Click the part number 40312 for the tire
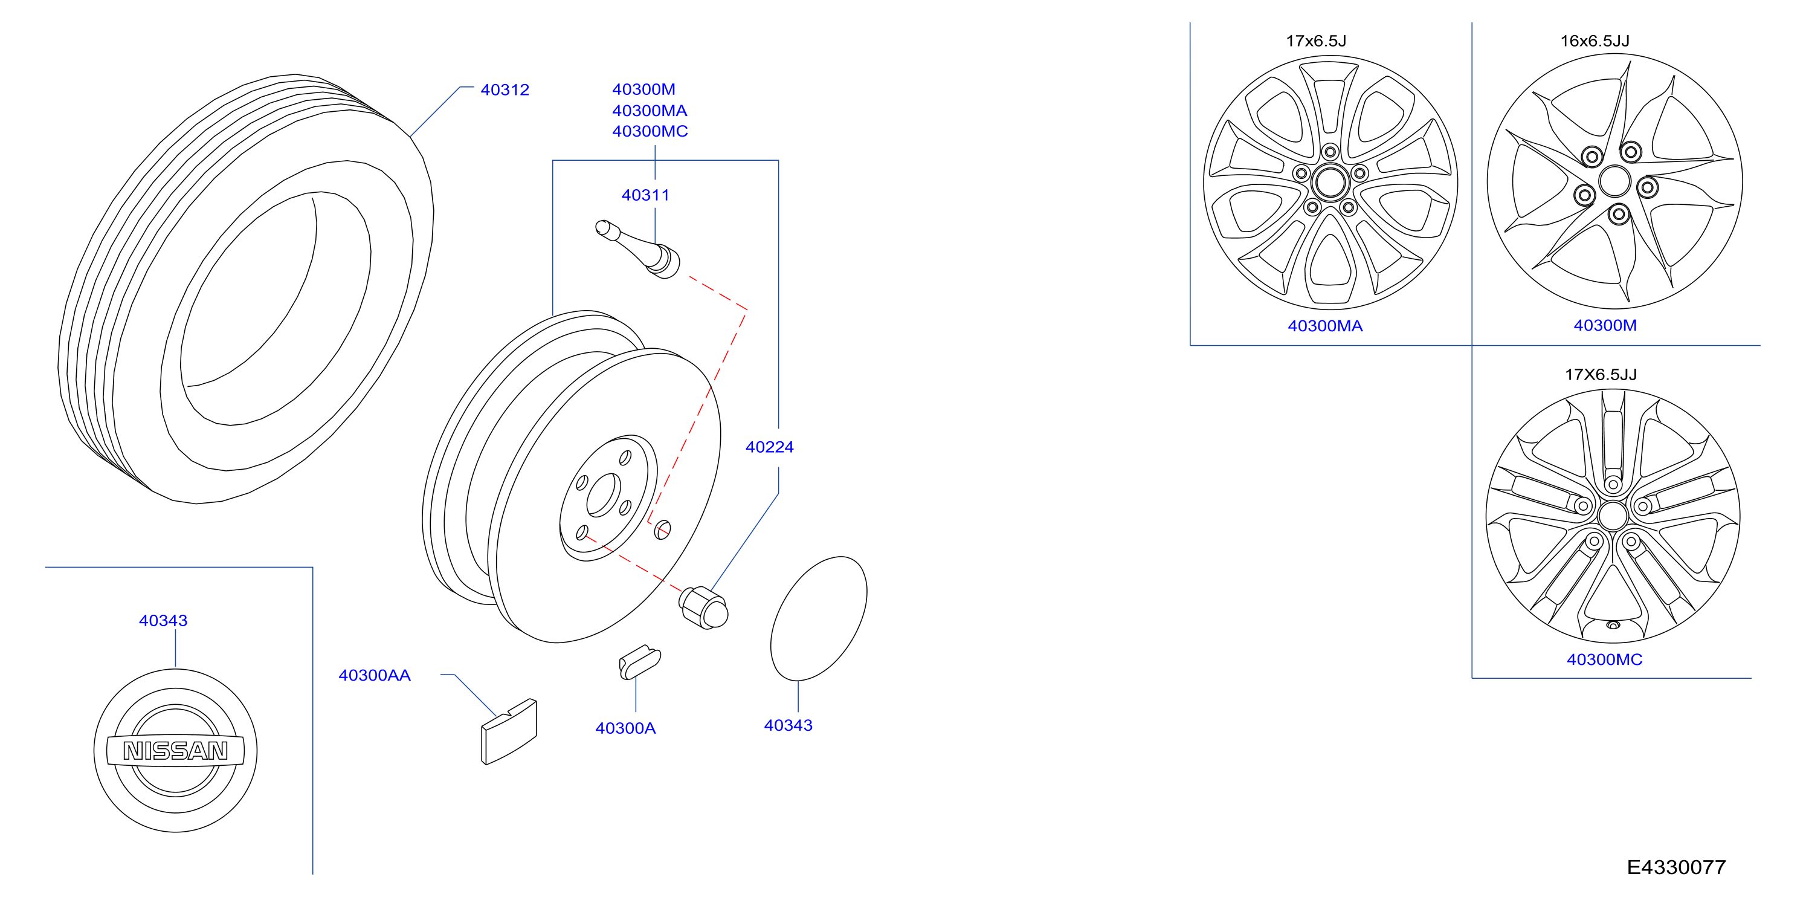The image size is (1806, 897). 505,90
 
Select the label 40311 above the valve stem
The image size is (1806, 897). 646,195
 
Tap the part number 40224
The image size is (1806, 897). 770,447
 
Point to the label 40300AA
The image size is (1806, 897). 375,675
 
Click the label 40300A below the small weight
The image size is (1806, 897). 625,728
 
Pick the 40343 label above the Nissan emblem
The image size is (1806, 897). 163,621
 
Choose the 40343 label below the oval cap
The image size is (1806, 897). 788,725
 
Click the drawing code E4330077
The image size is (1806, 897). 1676,867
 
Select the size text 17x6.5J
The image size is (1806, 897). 1316,40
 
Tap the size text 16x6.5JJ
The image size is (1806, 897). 1595,40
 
